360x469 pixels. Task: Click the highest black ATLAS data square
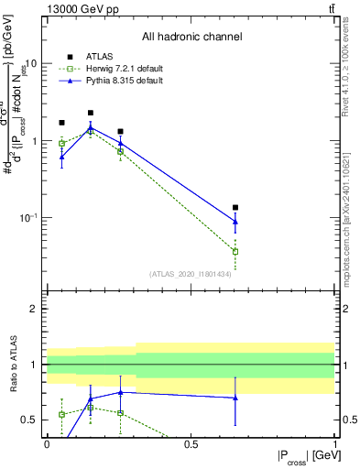tap(90, 113)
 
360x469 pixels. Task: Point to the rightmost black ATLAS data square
tap(235, 208)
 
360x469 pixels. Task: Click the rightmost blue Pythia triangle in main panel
tap(235, 221)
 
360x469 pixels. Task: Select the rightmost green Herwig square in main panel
tap(235, 251)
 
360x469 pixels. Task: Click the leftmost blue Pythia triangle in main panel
tap(61, 157)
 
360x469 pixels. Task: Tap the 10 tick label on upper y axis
tap(30, 64)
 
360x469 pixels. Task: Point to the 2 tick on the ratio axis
tap(32, 310)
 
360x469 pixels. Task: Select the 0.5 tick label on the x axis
tap(191, 442)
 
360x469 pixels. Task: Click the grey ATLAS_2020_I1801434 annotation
tap(190, 273)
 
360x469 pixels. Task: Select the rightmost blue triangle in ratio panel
tap(235, 398)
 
